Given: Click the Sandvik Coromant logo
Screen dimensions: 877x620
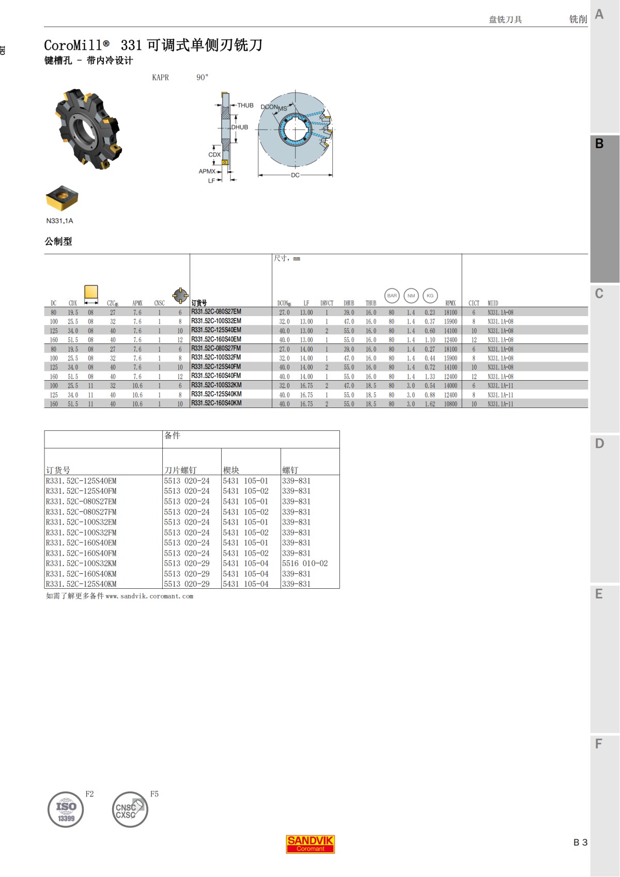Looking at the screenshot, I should tap(310, 844).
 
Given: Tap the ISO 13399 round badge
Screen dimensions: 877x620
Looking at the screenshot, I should tap(66, 810).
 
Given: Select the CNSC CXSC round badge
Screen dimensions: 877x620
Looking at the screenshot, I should tap(130, 810).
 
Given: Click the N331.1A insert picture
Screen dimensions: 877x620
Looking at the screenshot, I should tap(61, 198).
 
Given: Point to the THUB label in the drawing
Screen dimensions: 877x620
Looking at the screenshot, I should tap(245, 105).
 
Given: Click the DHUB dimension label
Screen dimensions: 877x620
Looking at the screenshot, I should tap(240, 127).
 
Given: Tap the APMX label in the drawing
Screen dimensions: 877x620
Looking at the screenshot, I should tap(207, 171).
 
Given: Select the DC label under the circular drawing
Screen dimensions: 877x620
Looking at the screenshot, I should tap(295, 175).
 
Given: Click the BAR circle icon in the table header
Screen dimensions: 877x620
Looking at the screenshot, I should tap(392, 295).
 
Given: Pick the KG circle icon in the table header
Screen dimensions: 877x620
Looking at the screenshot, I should tap(430, 295).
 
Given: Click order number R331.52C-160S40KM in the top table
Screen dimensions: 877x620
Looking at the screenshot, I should tap(216, 403).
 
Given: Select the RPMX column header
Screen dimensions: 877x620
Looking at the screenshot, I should tap(451, 303).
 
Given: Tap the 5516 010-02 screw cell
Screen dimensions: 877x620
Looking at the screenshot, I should tap(305, 563).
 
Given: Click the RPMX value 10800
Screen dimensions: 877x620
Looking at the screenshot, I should tap(451, 404).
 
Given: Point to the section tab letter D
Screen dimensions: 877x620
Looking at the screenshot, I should tap(599, 444).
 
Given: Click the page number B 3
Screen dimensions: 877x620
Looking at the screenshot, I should tap(580, 842).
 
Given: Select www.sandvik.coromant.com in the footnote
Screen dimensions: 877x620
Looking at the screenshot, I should tap(149, 596).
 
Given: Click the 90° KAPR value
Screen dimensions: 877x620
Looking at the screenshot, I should tap(203, 77).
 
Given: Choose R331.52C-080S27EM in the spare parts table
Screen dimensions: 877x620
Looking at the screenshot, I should tap(81, 502).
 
